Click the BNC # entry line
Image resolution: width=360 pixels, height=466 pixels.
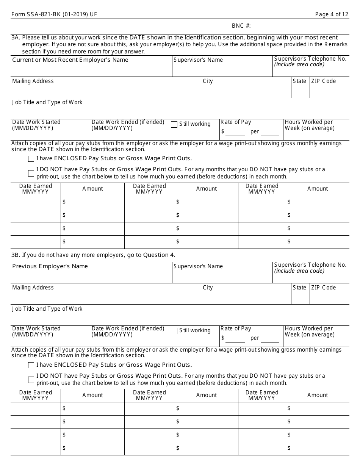tap(294, 27)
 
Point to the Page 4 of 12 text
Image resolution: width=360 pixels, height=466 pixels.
tap(332, 14)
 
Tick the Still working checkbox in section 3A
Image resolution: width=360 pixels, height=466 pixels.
tap(174, 124)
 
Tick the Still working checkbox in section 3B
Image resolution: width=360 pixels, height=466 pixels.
tap(174, 331)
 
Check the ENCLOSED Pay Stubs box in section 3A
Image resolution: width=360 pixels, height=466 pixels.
tap(31, 159)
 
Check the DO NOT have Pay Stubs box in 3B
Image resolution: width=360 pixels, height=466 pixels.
tap(31, 380)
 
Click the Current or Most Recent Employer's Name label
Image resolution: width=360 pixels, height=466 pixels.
tap(70, 60)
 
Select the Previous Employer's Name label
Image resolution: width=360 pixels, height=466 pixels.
tap(50, 266)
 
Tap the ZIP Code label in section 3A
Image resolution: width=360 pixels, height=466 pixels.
tap(323, 81)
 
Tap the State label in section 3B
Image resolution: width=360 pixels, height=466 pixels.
tap(299, 288)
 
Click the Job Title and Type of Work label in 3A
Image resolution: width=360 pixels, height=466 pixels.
tap(47, 102)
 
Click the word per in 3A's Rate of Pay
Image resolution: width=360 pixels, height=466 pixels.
tap(255, 132)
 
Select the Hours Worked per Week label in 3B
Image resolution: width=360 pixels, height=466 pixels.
tap(309, 332)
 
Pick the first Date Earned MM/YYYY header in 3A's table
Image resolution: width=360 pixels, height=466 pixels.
tap(36, 189)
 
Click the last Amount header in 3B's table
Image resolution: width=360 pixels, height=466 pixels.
tap(318, 395)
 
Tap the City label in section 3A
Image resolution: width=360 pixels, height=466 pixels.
tap(208, 81)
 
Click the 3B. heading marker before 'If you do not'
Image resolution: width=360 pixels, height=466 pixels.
tap(16, 255)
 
